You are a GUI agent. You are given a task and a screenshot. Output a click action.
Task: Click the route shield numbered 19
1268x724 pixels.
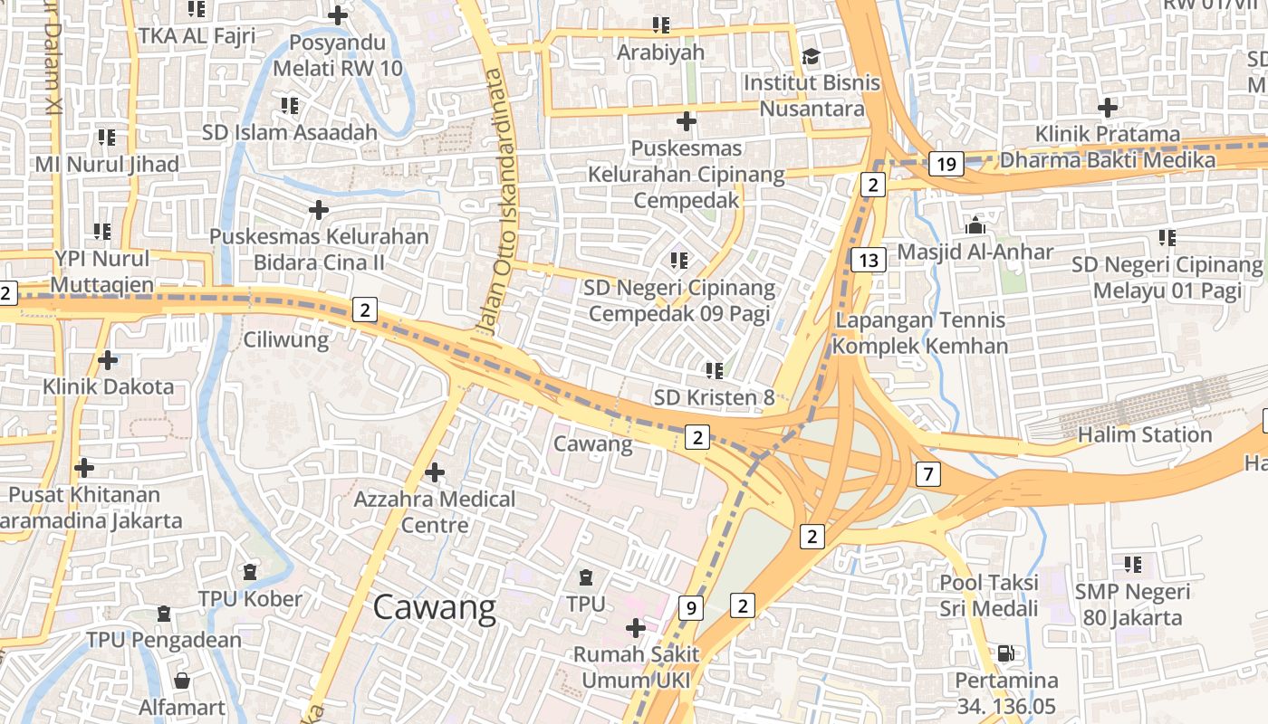point(946,164)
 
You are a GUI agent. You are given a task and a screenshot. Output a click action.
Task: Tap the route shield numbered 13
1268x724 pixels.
point(868,261)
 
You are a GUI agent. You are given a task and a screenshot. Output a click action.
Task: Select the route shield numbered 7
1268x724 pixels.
point(927,472)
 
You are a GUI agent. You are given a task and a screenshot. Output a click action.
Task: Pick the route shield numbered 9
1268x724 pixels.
point(690,608)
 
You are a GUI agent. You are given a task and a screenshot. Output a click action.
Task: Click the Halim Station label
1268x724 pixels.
point(1144,435)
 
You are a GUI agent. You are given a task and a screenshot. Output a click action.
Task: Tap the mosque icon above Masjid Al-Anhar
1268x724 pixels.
point(975,225)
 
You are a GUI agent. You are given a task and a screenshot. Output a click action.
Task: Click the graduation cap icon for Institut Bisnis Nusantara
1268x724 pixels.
point(810,57)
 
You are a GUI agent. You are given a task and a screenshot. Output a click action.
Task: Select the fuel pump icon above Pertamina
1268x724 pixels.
point(1004,653)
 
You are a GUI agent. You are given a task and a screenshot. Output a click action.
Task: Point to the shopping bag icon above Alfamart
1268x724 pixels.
point(182,680)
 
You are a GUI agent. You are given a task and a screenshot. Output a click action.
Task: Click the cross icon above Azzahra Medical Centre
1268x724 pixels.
point(435,472)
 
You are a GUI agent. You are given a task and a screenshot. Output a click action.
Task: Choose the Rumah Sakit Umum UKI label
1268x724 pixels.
point(637,667)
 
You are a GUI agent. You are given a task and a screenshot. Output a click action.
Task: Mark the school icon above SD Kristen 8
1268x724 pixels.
point(714,370)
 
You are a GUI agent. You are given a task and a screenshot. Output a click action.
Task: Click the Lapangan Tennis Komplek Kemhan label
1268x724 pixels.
point(920,333)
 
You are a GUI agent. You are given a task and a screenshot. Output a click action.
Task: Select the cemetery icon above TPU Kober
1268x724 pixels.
point(250,572)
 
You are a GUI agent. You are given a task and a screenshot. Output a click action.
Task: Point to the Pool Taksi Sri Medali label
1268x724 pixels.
point(989,595)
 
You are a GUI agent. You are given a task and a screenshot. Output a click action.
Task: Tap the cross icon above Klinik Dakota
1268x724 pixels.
point(108,360)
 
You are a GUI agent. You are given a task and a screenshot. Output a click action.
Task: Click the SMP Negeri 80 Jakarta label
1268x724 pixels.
point(1132,605)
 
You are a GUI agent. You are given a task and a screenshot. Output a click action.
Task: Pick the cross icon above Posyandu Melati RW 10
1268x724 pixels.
point(337,15)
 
